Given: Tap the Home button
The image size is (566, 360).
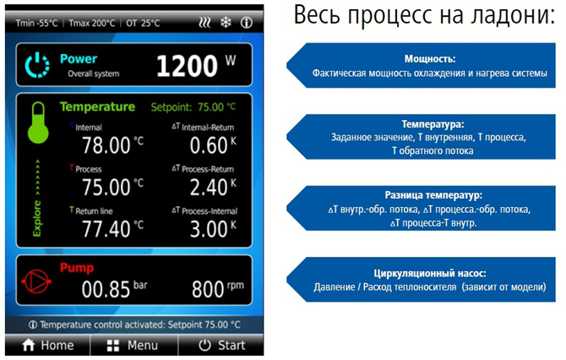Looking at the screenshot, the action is coord(47,345).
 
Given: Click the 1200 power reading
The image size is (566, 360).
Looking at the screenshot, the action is coord(188,66).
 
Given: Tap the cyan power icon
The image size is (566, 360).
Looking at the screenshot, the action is coord(37,65).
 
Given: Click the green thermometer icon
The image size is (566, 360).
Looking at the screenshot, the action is coord(38,123).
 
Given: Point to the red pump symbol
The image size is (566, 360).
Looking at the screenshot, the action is coord(36,281).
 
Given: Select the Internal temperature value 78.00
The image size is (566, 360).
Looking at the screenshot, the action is coord(106,145).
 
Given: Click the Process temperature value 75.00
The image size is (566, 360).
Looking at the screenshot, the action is coord(106,187).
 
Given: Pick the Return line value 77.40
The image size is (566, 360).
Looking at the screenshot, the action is coord(106,229).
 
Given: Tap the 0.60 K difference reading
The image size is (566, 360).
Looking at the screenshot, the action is coord(209,145).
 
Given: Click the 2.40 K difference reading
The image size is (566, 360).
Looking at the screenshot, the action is coord(209,187).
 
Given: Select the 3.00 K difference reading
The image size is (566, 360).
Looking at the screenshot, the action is coord(209,229).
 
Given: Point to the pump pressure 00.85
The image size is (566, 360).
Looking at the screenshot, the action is coord(106,289).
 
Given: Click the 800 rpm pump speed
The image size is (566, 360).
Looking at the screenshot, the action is coord(208,289).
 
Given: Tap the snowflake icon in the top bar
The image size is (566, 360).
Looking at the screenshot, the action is coord(226,23).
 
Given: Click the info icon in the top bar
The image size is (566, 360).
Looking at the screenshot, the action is coord(247,23).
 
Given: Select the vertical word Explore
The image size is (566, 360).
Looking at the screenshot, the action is coord(37,219).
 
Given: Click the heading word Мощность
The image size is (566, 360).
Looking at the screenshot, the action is coord(430,58).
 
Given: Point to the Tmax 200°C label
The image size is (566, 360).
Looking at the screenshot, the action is coord(92,23).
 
